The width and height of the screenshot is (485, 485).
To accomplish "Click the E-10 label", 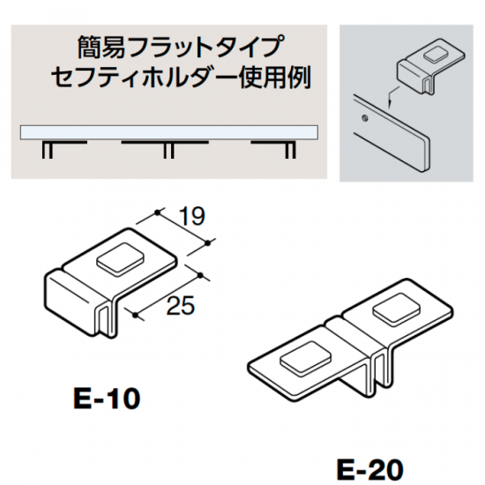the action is click(107, 399).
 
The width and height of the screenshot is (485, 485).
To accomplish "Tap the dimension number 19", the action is click(191, 216).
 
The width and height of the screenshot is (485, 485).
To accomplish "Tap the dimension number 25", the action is click(181, 305).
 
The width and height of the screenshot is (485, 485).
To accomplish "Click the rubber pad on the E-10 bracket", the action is click(121, 259).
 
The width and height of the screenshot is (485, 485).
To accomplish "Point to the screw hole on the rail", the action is click(365, 117).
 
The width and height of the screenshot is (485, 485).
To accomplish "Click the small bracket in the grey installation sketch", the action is click(430, 65).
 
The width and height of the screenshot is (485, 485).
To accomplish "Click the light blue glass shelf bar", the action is click(169, 132).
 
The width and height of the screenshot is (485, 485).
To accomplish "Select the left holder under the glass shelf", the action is click(64, 149).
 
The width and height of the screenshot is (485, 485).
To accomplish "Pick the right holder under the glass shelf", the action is click(273, 149).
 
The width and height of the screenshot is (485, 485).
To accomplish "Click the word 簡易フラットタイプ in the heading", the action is click(179, 47).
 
